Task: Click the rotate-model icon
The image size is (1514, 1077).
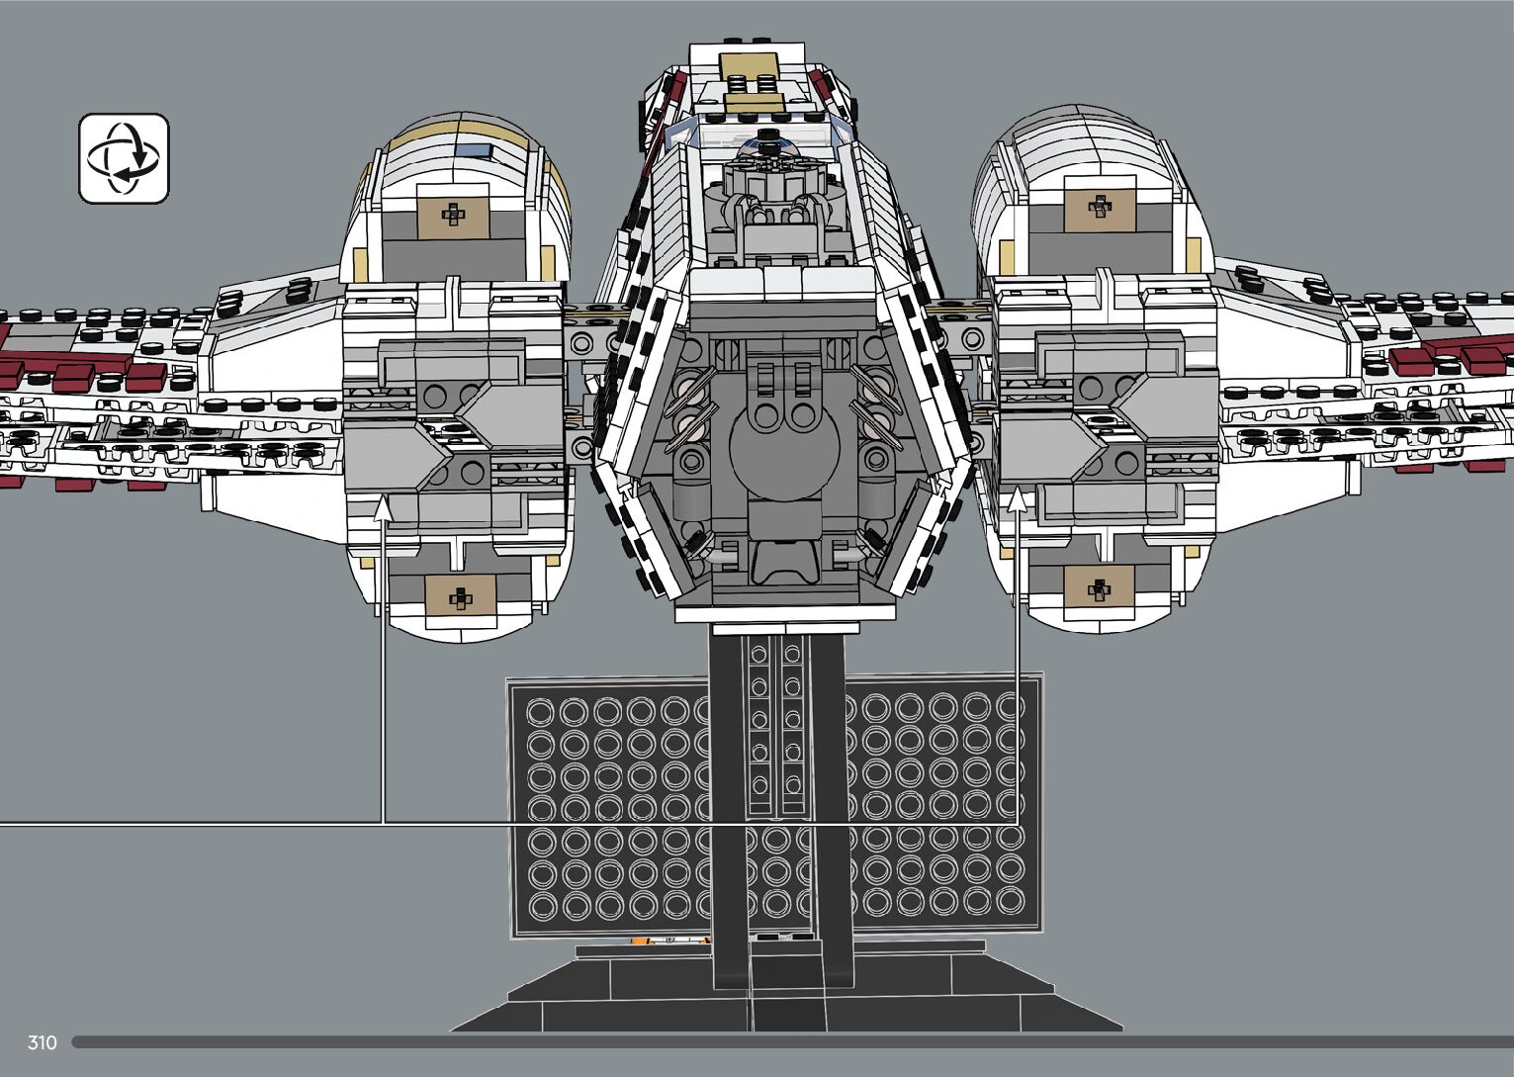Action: coord(124,158)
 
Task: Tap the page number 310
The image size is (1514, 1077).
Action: coord(43,1042)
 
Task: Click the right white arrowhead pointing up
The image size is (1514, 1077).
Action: coord(1018,498)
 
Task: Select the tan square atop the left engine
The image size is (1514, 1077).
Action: coord(453,214)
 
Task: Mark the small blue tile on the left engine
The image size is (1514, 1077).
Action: coord(478,150)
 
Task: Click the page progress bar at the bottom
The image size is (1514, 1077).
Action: coord(791,1042)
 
